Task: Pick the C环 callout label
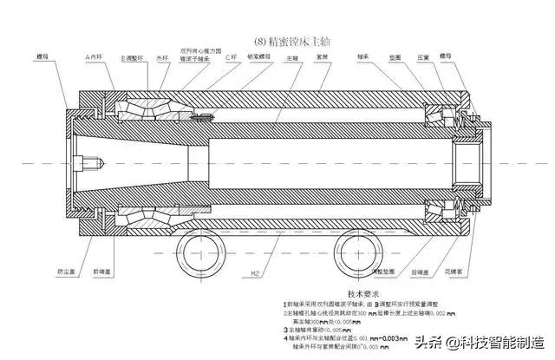[231, 56]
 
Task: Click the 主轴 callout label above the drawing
[293, 56]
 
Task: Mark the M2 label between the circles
[256, 272]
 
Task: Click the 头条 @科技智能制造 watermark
[477, 339]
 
